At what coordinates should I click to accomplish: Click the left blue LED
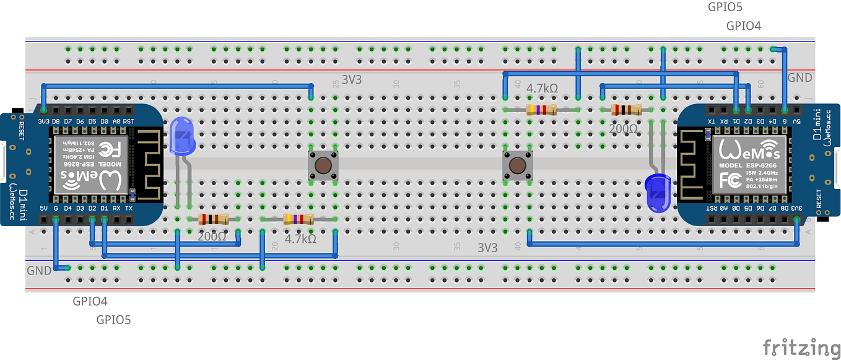click(x=182, y=136)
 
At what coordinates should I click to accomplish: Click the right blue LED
click(x=656, y=192)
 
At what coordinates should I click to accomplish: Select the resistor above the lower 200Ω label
click(x=213, y=219)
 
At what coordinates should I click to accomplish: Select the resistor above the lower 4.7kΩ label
click(x=298, y=219)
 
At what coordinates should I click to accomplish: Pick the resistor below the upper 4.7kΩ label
click(x=541, y=110)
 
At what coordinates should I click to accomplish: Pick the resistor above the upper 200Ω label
click(x=626, y=110)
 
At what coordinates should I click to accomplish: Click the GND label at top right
click(x=800, y=79)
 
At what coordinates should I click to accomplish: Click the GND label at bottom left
click(x=39, y=271)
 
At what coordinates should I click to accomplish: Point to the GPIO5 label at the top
click(x=725, y=7)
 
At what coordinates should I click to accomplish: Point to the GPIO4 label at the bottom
click(x=90, y=302)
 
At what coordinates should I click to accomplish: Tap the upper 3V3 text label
click(x=352, y=80)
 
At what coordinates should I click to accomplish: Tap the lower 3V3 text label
click(x=487, y=248)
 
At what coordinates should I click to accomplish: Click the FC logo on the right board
click(x=730, y=180)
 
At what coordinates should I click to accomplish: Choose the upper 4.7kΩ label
click(x=542, y=89)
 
